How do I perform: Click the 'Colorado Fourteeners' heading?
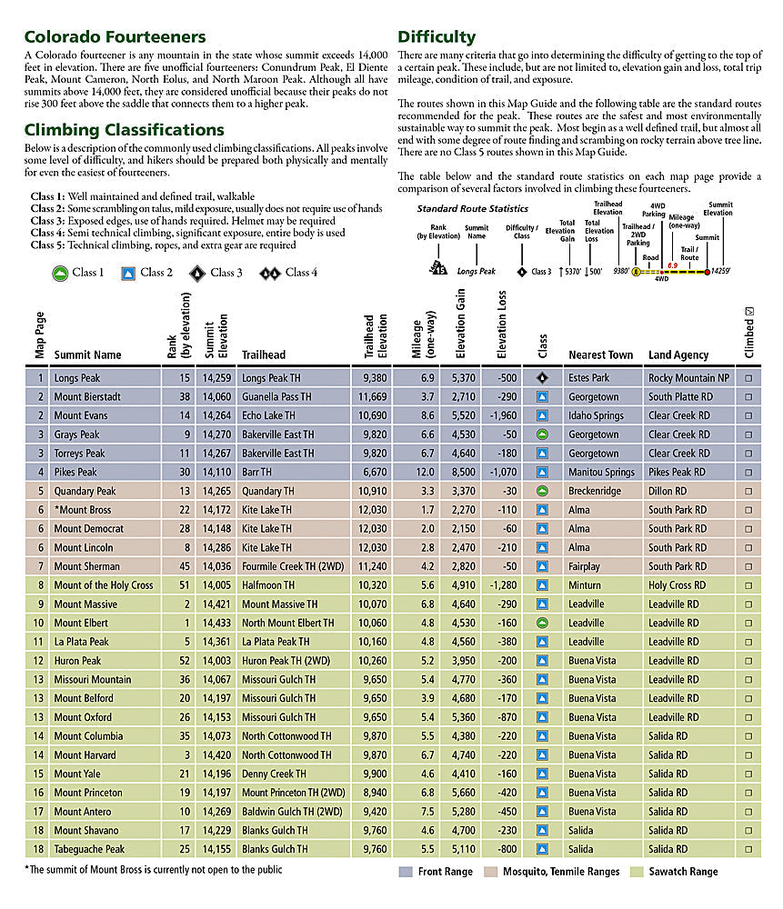115,37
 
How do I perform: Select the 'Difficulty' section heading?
437,37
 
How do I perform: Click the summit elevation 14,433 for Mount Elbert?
216,624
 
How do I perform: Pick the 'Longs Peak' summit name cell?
77,378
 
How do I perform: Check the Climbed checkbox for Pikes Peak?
748,473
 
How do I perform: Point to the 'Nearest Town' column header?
600,355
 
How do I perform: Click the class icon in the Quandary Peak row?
542,492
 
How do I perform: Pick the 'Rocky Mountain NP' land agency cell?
688,378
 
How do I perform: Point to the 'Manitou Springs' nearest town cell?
601,473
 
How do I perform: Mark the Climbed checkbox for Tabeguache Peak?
748,850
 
